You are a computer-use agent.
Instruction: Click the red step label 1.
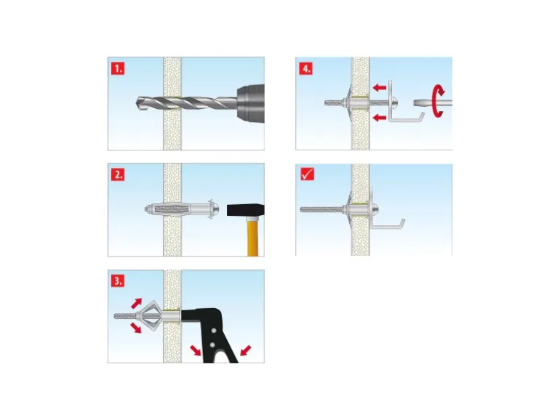tap(118, 68)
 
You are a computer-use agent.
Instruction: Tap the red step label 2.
tap(118, 174)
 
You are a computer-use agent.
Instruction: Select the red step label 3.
tap(118, 280)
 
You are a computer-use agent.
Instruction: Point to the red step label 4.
tap(305, 68)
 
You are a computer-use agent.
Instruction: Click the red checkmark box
tap(307, 174)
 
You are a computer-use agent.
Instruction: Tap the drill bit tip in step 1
tap(138, 103)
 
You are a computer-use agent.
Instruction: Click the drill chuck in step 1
tap(250, 103)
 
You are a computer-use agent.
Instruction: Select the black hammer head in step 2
tap(245, 210)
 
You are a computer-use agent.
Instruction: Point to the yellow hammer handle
tap(253, 236)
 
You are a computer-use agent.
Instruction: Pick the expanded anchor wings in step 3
tap(148, 315)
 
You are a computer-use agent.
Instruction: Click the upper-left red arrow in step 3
tap(136, 303)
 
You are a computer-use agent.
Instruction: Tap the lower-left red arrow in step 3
tap(136, 328)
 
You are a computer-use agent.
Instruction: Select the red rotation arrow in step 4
tap(438, 101)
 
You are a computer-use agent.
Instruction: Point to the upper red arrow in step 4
tap(380, 87)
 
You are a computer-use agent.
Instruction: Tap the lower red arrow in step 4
tap(380, 118)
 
